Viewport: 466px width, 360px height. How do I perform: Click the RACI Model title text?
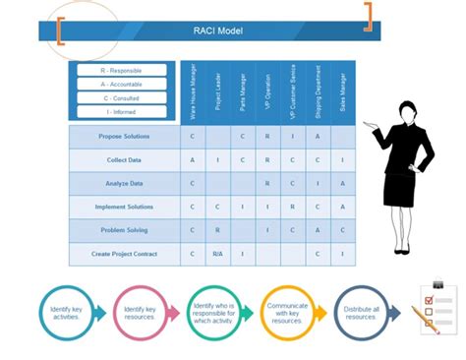pos(220,30)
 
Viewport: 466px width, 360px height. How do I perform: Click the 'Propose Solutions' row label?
pos(124,136)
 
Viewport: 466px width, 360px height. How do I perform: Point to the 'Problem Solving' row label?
pos(124,230)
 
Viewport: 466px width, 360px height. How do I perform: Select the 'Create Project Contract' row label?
pos(124,254)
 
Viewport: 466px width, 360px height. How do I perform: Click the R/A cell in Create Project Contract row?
pos(218,254)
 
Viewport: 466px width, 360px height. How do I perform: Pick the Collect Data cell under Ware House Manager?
pos(193,159)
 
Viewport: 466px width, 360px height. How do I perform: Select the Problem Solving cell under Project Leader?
pos(218,230)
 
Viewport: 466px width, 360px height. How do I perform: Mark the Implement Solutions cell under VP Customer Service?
pos(293,207)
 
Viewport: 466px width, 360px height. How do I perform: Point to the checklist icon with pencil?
pos(434,309)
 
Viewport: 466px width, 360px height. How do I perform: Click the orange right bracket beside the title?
pos(369,16)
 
